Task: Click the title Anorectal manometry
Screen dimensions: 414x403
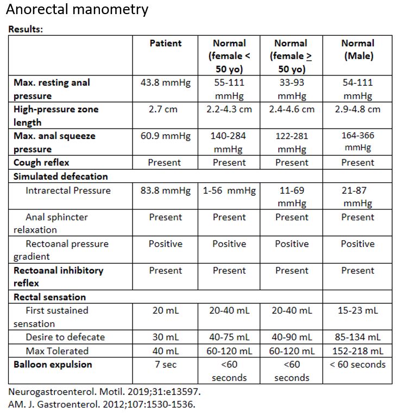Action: [77, 10]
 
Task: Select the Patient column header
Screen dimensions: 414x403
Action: [166, 43]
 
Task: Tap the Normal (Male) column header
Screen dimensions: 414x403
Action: [357, 49]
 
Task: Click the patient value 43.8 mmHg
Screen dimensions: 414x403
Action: [166, 83]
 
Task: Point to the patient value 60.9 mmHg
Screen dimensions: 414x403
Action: [166, 136]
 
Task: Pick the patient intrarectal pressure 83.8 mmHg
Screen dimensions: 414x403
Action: [166, 190]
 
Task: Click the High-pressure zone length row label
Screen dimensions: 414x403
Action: [56, 115]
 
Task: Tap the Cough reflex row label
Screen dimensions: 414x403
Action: [41, 162]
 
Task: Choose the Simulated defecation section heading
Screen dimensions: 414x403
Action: [60, 176]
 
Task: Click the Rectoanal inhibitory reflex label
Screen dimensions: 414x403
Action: [58, 276]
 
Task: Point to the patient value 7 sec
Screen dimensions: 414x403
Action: [166, 364]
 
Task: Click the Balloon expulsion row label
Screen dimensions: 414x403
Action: [53, 364]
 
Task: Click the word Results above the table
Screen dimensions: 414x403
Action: [26, 29]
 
